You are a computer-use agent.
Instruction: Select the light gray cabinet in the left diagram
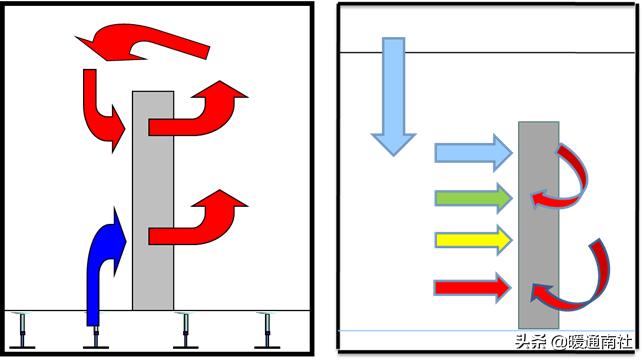point(153,201)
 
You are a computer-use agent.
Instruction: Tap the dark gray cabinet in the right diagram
point(538,225)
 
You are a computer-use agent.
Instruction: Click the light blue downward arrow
point(394,97)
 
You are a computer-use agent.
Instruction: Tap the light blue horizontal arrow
point(474,153)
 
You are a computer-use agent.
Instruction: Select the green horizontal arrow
point(474,198)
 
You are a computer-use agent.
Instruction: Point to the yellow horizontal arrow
point(474,240)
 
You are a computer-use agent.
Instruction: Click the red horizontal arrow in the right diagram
point(473,288)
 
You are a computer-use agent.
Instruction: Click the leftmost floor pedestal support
point(22,330)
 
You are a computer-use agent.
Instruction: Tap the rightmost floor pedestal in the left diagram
point(267,330)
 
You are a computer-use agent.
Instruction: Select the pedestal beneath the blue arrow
point(96,337)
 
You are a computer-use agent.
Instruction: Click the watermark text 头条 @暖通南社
point(574,341)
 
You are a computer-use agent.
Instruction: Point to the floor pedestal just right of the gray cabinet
point(185,330)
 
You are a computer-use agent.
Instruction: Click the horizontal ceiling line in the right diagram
point(487,52)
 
